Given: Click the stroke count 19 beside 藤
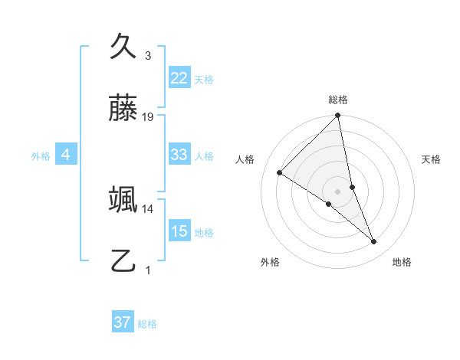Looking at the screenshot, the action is [x=148, y=117].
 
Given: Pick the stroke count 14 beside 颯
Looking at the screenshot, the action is [x=148, y=208].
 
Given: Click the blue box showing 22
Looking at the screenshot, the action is [x=179, y=77].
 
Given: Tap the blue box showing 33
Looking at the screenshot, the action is [x=179, y=155].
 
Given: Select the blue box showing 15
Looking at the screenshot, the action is [x=179, y=231].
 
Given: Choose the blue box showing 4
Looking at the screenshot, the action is [x=66, y=155].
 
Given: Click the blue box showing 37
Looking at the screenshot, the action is [x=123, y=322].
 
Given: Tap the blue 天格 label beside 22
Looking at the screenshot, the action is [x=204, y=79].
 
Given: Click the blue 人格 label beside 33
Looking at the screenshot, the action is [x=204, y=156].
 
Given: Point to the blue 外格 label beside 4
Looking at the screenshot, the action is [x=41, y=156].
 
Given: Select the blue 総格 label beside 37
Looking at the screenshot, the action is [x=147, y=324].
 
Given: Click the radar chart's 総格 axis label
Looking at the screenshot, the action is [x=338, y=100].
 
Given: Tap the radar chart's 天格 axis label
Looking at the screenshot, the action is [x=431, y=159].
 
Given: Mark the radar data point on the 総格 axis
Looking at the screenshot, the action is [x=338, y=116].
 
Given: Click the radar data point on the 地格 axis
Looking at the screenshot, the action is [x=374, y=242].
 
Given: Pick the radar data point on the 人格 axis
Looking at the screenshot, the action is [x=280, y=172].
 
